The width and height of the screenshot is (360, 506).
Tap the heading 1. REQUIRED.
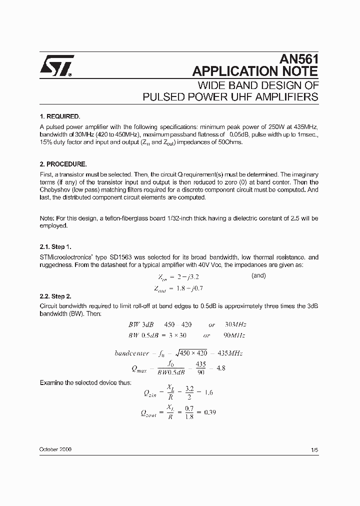click(59, 115)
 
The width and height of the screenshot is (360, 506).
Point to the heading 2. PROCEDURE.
click(62, 164)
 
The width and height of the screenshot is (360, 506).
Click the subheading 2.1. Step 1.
click(55, 246)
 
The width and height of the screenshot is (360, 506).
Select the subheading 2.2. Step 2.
click(55, 296)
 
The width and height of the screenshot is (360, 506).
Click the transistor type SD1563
click(120, 257)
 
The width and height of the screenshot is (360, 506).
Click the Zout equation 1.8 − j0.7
click(188, 288)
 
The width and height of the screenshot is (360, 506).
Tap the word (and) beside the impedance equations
click(258, 275)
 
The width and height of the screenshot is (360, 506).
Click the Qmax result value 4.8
click(220, 368)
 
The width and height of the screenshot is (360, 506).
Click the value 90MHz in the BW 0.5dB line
click(233, 335)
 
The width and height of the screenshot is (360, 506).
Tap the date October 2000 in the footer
click(55, 449)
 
